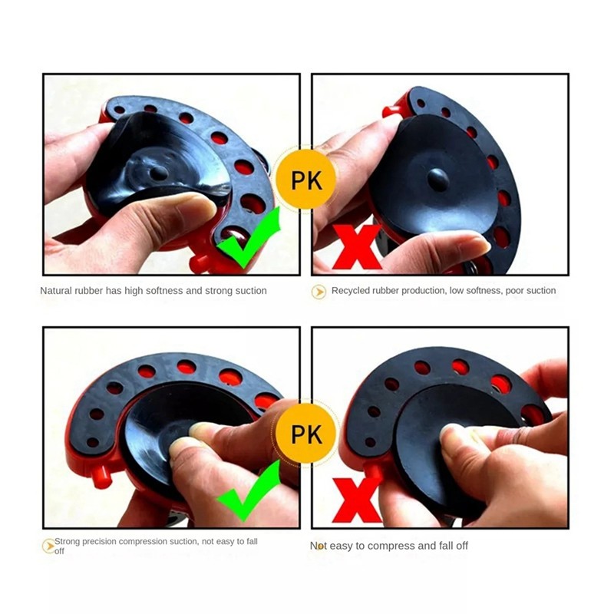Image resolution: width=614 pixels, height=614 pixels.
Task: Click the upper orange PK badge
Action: pyautogui.click(x=305, y=180)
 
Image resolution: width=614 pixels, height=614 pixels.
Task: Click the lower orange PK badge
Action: pyautogui.click(x=305, y=433)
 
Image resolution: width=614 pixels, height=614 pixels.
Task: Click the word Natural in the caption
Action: pyautogui.click(x=57, y=291)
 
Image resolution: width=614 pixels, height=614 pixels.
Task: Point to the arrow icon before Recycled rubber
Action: pyautogui.click(x=319, y=292)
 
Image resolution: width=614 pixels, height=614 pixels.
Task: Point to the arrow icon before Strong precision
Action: pyautogui.click(x=48, y=546)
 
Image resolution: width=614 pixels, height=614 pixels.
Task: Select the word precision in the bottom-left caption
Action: pyautogui.click(x=101, y=541)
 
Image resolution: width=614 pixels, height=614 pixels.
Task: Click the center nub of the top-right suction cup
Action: pyautogui.click(x=438, y=179)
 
